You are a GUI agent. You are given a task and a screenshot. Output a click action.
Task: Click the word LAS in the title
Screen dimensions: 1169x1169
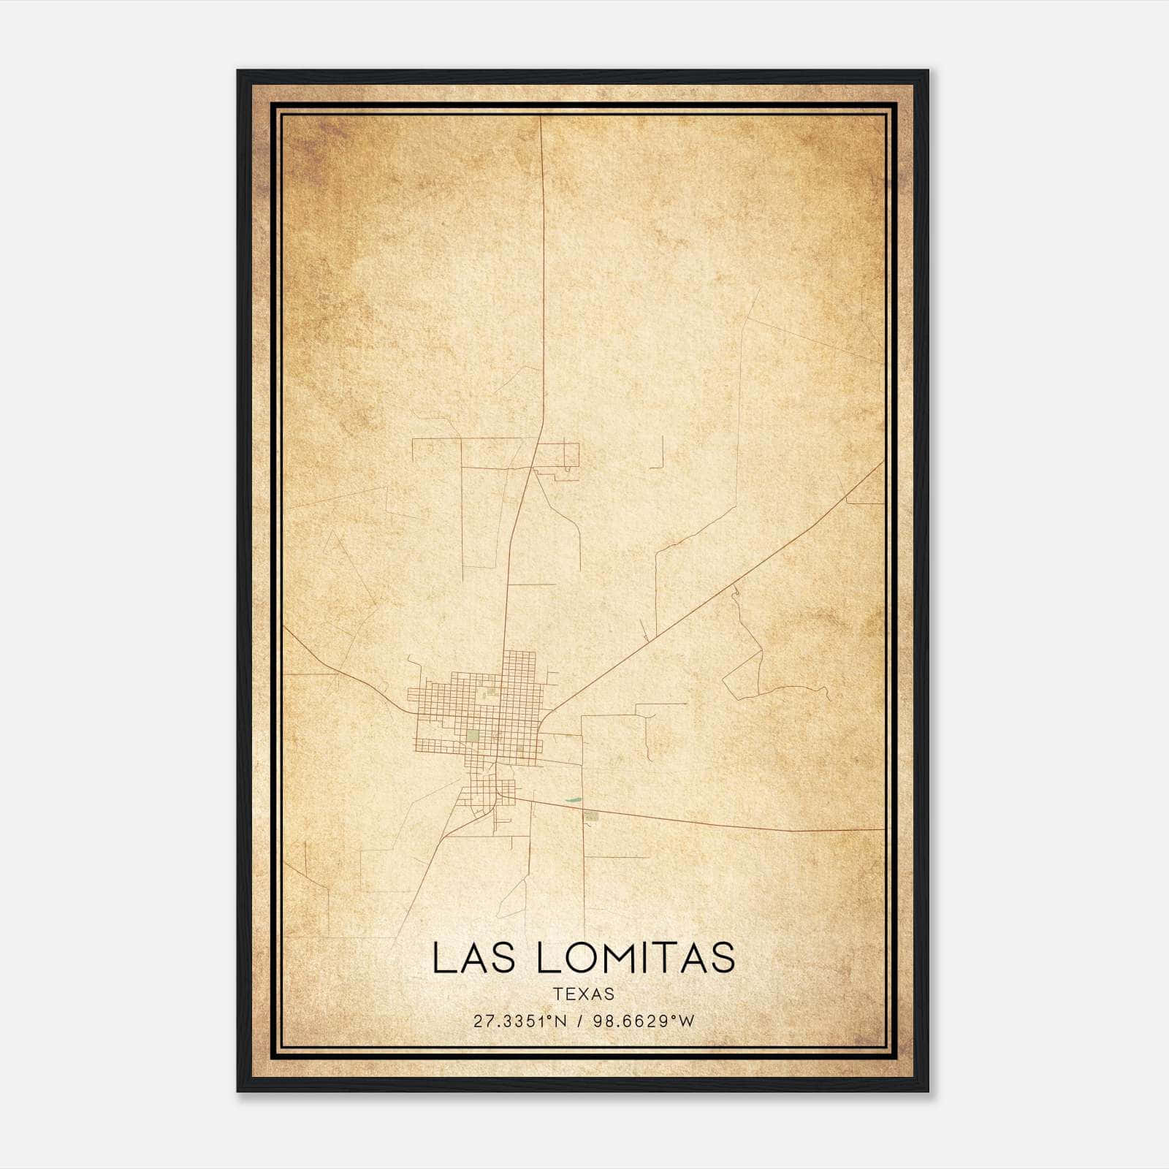[477, 958]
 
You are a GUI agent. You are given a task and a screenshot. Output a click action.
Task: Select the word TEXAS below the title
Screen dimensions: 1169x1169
[584, 994]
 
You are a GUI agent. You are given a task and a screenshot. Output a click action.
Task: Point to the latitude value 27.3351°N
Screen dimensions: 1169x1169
[520, 1021]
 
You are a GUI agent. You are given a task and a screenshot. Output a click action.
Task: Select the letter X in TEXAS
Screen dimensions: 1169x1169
[584, 994]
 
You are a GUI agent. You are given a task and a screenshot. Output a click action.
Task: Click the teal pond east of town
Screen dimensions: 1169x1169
[574, 800]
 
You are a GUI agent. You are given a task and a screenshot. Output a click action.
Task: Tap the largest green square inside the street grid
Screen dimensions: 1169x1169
[473, 735]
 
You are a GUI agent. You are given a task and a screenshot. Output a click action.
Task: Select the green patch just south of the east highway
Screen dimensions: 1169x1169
[592, 815]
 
